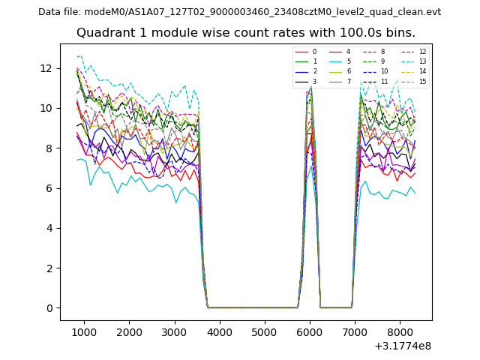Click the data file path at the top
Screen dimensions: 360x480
click(x=239, y=11)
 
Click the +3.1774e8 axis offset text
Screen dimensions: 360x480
click(x=402, y=346)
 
